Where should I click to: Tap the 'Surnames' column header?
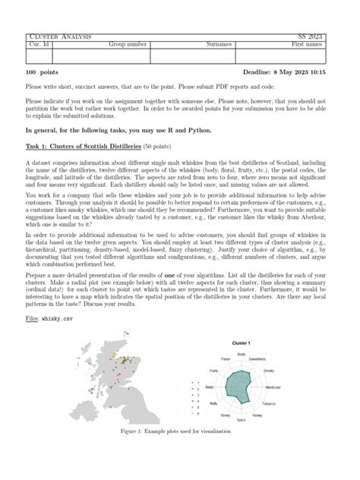(219, 45)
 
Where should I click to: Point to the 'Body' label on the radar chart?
(241, 355)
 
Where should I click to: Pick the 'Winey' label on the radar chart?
(226, 416)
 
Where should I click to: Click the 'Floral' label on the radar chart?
(226, 358)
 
